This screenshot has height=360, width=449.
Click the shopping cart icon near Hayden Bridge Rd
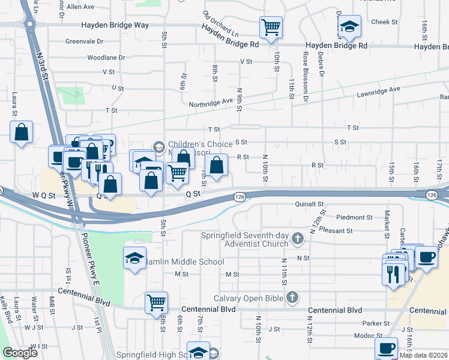271,26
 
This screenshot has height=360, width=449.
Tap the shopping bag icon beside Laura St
21,132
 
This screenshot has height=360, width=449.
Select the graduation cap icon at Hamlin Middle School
134,259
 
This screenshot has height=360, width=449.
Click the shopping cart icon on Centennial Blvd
156,301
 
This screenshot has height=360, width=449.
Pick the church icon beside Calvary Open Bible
292,298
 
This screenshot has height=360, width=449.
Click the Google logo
20,353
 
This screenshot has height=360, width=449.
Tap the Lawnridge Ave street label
378,89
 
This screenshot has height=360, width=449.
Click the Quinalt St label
309,204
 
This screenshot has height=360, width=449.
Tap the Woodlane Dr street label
106,58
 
